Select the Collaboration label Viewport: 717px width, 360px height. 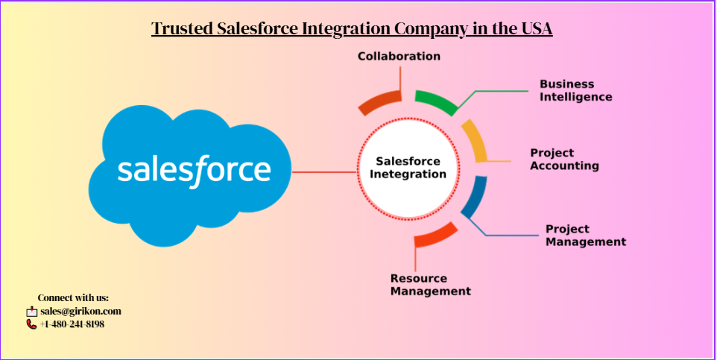coord(399,56)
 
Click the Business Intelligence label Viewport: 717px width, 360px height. coord(575,90)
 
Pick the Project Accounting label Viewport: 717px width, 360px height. coord(564,159)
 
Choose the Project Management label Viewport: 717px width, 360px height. coord(585,235)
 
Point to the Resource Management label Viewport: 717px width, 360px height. coord(430,285)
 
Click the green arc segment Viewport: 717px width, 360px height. coord(437,101)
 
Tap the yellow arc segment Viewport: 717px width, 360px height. coord(475,140)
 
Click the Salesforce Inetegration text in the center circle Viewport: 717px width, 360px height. coord(408,168)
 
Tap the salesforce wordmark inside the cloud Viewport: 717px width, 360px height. coord(194,169)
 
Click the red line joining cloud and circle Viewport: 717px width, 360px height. coord(324,172)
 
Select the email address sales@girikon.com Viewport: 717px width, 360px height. coord(80,312)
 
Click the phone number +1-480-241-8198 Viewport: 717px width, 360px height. coord(72,324)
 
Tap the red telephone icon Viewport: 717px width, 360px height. coord(31,324)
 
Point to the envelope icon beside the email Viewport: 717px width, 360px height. coord(31,312)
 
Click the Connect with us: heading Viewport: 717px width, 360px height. coord(73,298)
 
